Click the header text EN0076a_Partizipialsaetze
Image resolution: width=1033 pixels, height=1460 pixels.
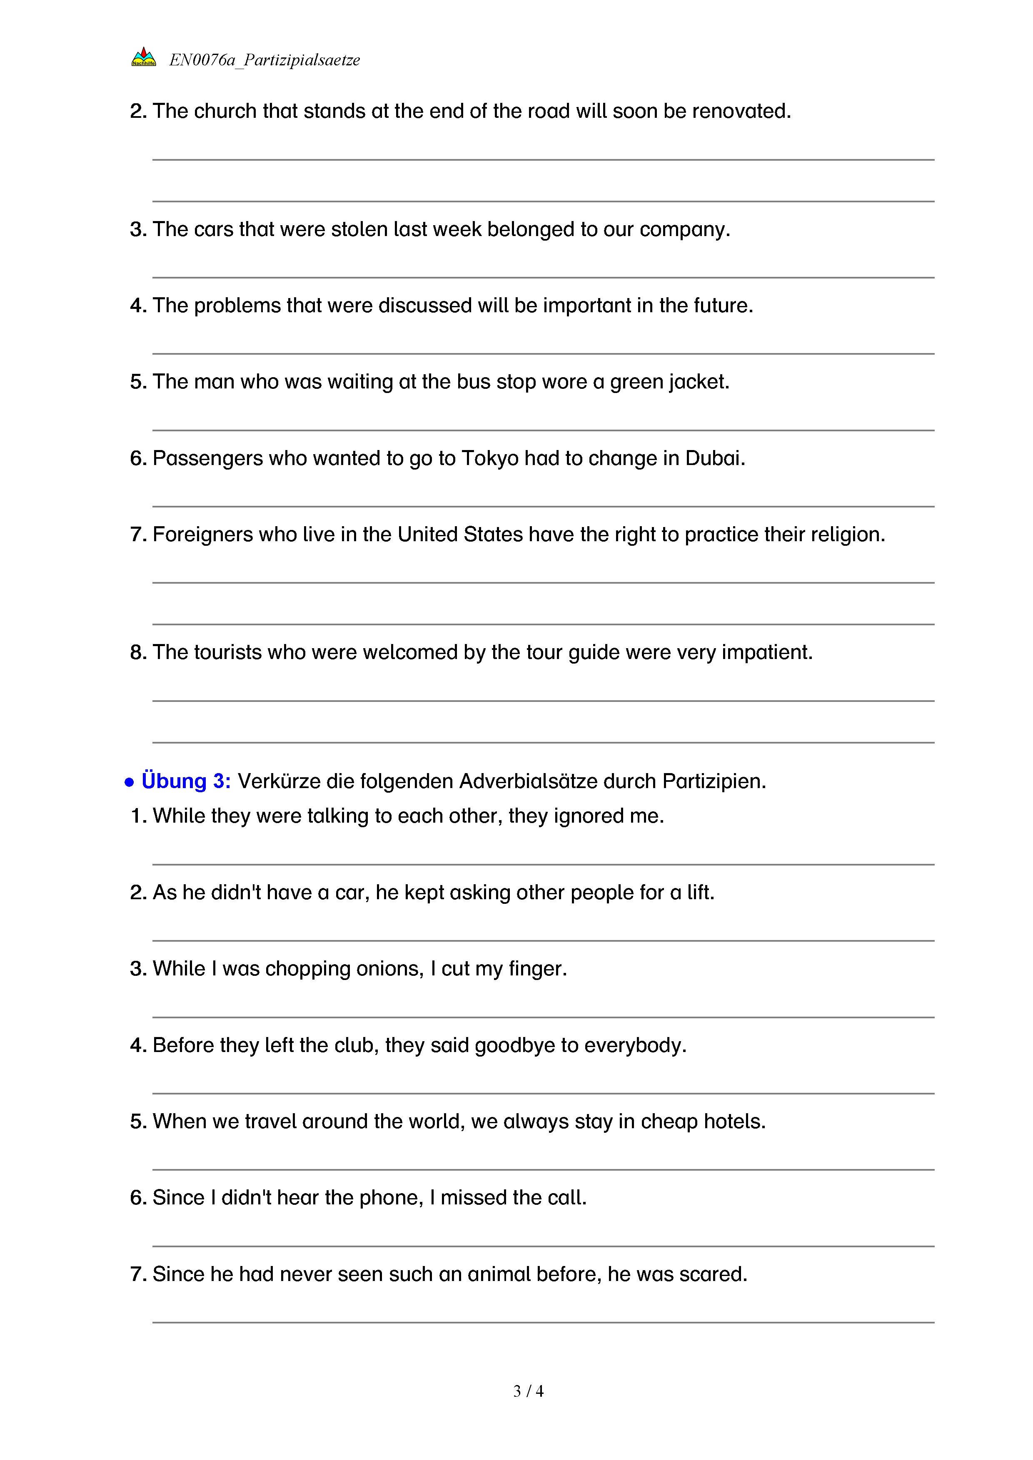pos(264,60)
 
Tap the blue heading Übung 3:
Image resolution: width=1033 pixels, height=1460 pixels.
pos(186,781)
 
